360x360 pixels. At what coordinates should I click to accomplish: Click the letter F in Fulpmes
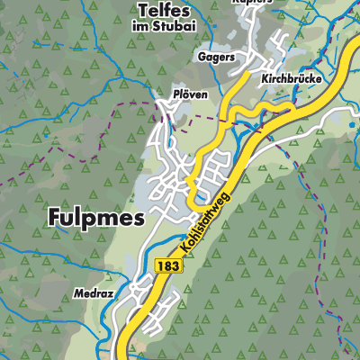(51, 217)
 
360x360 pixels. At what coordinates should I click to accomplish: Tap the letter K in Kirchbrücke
(265, 79)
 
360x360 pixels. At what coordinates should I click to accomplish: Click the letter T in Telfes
(144, 10)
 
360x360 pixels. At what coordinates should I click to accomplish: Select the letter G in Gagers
(200, 57)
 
